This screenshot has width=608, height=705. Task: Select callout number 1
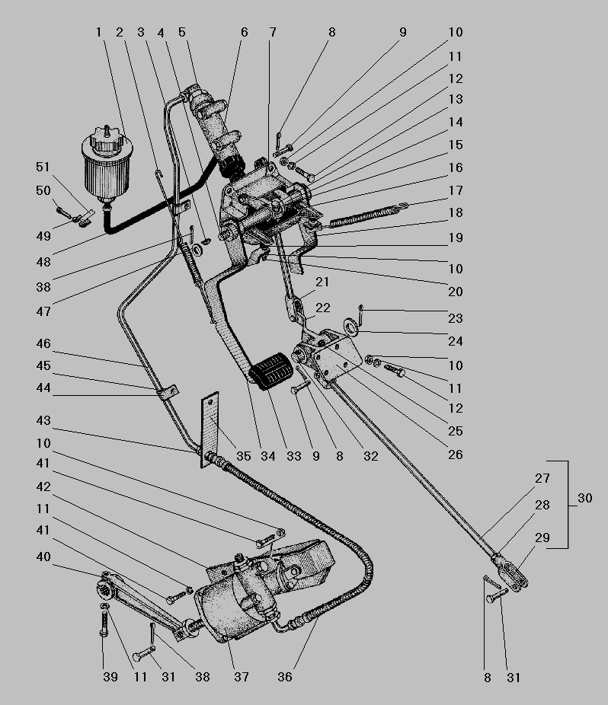(98, 33)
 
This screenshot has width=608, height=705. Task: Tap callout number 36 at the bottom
(285, 677)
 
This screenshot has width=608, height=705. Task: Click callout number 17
(456, 190)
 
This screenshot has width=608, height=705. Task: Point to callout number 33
(289, 457)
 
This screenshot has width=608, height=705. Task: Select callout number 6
(244, 33)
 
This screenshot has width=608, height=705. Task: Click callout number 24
(456, 341)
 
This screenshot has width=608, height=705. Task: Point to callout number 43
(43, 420)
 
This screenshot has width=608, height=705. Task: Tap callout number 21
(322, 282)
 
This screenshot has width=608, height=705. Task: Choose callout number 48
(43, 262)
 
